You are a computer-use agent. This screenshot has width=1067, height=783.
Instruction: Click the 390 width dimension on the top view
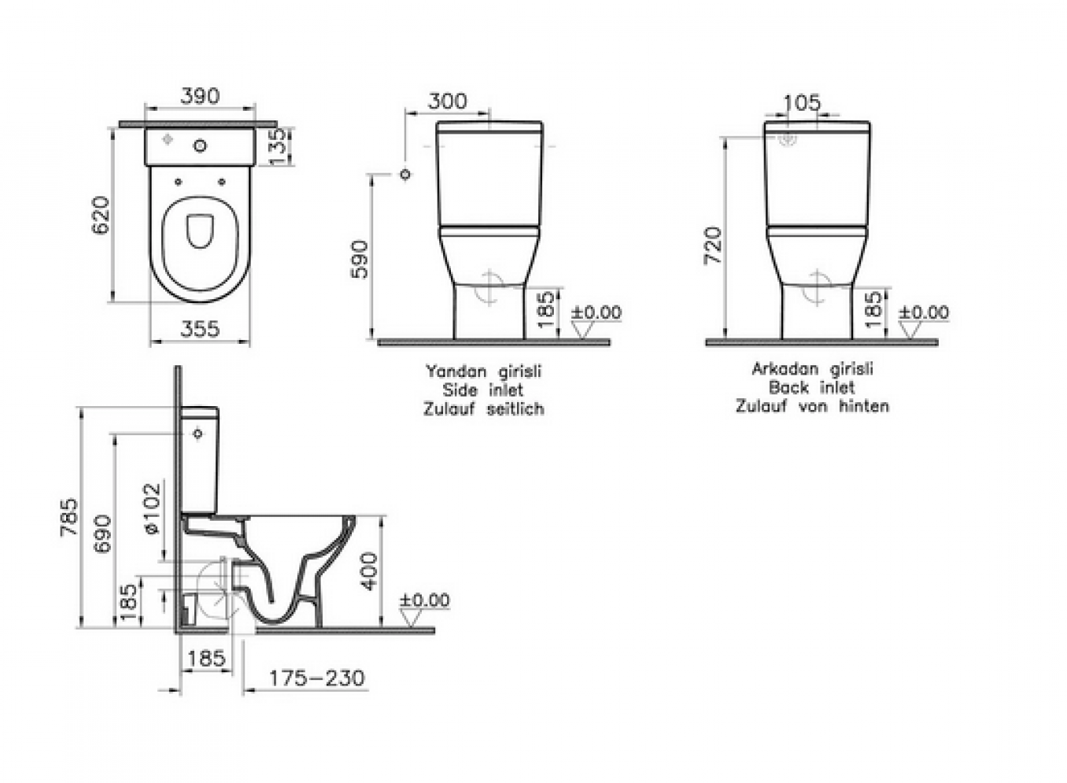[200, 96]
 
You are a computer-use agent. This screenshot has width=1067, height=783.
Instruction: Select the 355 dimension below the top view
[200, 329]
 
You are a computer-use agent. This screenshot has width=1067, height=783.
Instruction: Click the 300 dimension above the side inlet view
[448, 101]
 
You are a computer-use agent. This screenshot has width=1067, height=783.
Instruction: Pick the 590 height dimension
[360, 260]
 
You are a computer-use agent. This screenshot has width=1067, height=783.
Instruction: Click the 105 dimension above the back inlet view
[802, 103]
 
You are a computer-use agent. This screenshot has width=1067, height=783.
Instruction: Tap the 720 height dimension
[714, 246]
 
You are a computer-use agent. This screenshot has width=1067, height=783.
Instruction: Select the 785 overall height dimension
[68, 518]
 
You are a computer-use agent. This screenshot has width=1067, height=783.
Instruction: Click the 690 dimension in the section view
[103, 534]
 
